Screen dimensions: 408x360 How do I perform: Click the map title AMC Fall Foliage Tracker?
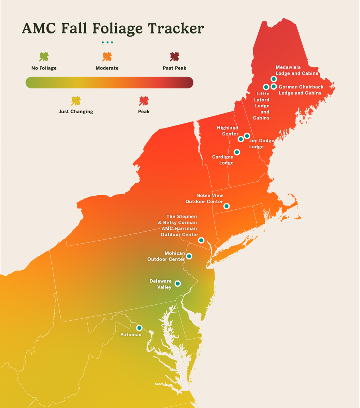click(x=113, y=29)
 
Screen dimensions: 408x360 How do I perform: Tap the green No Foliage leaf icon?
click(x=44, y=57)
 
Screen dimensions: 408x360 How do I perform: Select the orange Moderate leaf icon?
click(x=107, y=57)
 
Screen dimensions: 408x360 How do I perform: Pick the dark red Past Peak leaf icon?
click(x=174, y=57)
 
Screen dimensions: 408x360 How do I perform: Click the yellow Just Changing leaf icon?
click(x=76, y=101)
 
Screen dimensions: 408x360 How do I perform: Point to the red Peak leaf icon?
click(x=144, y=101)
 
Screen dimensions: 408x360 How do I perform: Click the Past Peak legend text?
click(x=174, y=68)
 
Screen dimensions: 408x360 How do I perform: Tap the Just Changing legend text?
click(x=76, y=112)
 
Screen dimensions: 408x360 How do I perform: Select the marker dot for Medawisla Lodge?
click(x=273, y=79)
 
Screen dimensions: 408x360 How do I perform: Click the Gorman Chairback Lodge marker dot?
click(x=273, y=86)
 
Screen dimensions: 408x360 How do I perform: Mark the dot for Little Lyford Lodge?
click(x=266, y=87)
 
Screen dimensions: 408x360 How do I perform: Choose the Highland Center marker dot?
click(x=241, y=139)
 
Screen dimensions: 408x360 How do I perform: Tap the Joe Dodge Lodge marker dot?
click(x=247, y=136)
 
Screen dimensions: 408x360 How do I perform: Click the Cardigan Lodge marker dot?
click(x=237, y=152)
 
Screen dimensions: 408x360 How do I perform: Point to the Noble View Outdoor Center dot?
click(x=226, y=206)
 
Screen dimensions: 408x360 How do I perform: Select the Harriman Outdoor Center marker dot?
click(x=201, y=240)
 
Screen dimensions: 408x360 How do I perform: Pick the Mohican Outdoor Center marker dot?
click(x=189, y=256)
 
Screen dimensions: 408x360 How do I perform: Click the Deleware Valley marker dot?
click(x=178, y=284)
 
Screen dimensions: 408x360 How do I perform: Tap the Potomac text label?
click(x=131, y=335)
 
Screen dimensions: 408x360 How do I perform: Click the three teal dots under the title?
click(x=107, y=42)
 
